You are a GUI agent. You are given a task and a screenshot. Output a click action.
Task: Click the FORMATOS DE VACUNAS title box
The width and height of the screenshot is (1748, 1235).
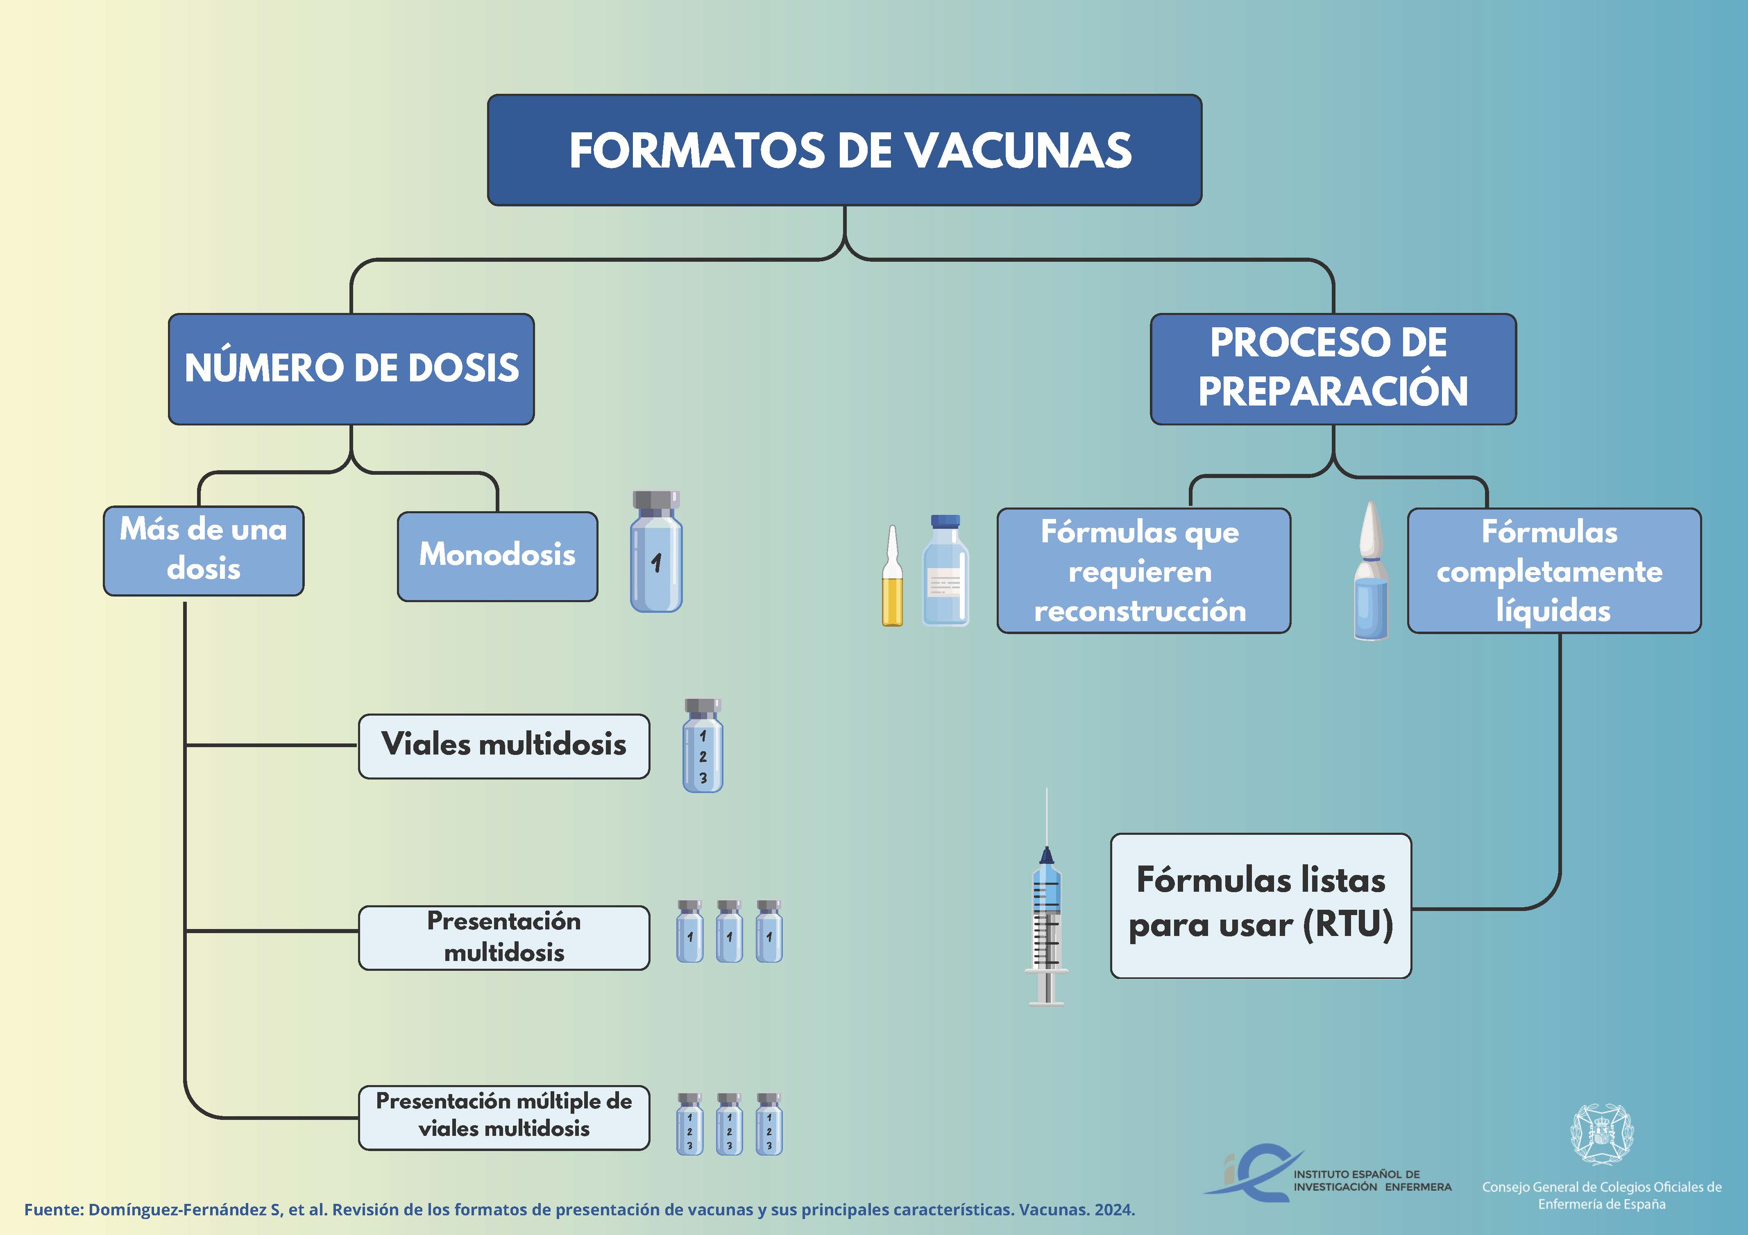click(x=844, y=150)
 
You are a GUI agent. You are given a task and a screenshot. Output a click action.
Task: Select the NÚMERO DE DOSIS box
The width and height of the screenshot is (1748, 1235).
click(x=351, y=369)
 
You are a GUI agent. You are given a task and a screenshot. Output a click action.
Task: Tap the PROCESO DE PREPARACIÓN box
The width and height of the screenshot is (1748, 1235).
click(x=1333, y=369)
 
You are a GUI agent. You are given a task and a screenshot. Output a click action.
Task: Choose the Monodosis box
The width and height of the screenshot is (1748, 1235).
click(x=497, y=556)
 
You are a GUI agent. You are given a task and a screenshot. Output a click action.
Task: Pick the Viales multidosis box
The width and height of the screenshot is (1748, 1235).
click(x=504, y=746)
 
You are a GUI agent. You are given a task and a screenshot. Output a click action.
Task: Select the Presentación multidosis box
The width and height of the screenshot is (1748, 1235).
click(x=504, y=937)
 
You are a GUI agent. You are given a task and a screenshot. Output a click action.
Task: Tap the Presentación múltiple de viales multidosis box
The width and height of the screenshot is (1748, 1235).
click(x=504, y=1117)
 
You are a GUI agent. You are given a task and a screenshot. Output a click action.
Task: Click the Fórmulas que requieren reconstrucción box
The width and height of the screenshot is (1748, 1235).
click(x=1143, y=570)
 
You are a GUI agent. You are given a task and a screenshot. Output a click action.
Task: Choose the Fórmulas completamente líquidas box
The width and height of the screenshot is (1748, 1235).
click(x=1554, y=570)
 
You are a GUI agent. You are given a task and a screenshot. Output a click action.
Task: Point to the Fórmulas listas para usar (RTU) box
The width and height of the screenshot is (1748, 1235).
click(x=1261, y=905)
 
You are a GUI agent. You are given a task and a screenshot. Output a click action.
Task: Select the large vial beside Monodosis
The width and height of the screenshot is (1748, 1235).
click(x=656, y=551)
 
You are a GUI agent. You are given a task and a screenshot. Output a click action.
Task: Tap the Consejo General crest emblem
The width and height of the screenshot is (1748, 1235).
click(x=1603, y=1135)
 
